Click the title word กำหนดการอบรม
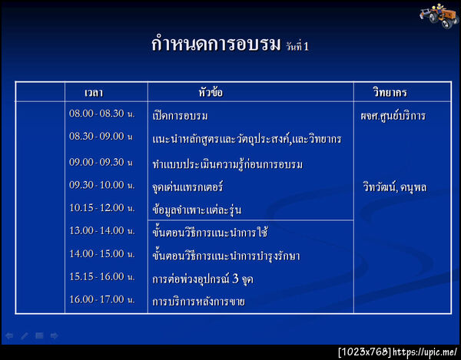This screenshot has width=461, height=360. coord(216,45)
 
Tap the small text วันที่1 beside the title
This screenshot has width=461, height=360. coord(297,47)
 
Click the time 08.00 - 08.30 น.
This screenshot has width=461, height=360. coord(101,114)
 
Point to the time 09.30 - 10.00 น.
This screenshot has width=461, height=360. coord(101,185)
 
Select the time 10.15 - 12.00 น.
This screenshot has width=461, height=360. coord(101,207)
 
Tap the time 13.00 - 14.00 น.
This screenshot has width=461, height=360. coord(101,230)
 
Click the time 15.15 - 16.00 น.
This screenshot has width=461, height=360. coord(101,276)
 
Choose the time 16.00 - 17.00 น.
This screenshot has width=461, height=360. coord(101,299)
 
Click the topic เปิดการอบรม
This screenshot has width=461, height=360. coord(181,116)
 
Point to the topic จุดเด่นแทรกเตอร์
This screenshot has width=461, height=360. coord(188,187)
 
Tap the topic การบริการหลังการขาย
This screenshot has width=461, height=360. coord(198,301)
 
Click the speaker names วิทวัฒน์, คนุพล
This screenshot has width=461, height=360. coord(394,187)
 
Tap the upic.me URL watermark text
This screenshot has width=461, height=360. coord(426,352)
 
